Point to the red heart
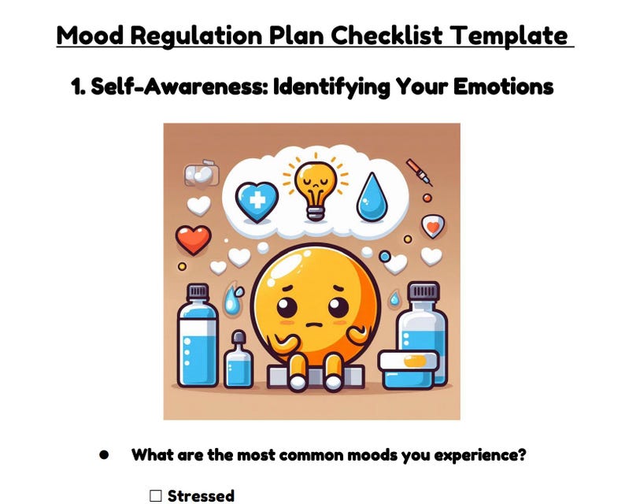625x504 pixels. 193,239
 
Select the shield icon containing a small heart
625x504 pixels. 431,227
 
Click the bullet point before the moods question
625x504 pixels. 104,455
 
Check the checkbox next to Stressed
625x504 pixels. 156,496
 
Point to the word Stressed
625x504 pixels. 201,496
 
